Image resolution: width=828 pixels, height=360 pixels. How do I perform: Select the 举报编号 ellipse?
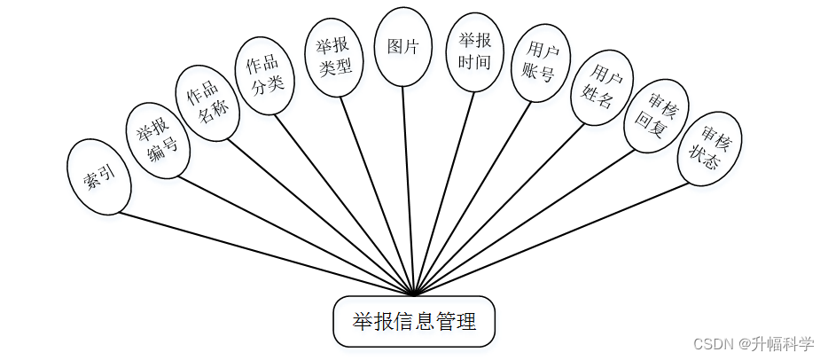(157, 140)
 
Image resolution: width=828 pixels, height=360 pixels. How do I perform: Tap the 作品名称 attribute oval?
(207, 103)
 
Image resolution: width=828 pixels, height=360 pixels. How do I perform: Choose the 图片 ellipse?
(403, 47)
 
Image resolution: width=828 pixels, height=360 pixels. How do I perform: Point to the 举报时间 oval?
(474, 52)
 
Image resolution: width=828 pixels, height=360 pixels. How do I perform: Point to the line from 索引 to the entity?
(266, 254)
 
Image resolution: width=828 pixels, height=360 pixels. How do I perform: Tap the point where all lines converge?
(414, 294)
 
